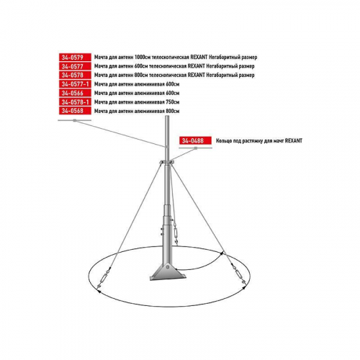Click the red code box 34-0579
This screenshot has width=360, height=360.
[x=75, y=57]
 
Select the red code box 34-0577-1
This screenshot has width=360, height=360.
[x=75, y=84]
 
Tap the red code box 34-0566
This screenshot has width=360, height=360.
[x=75, y=93]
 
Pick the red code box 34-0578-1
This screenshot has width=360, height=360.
[x=75, y=102]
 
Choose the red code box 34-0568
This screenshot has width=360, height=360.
[x=75, y=111]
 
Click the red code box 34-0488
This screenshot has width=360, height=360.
[x=195, y=140]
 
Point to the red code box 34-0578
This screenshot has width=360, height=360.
[x=75, y=75]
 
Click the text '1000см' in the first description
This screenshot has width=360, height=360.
[x=143, y=58]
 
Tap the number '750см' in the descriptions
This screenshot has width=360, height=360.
[x=173, y=102]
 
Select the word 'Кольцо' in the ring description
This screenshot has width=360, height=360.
[x=224, y=141]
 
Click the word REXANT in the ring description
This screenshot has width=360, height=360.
[x=294, y=141]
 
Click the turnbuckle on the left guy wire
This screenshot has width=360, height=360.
[x=104, y=278]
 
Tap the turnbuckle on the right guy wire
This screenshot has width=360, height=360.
[x=238, y=274]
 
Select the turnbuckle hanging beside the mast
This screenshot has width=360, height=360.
[x=176, y=233]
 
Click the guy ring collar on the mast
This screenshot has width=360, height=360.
[x=166, y=163]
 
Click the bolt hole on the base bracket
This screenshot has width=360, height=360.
[x=168, y=266]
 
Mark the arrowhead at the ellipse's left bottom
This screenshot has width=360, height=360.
[x=99, y=291]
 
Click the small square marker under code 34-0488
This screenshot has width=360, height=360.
[x=196, y=148]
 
